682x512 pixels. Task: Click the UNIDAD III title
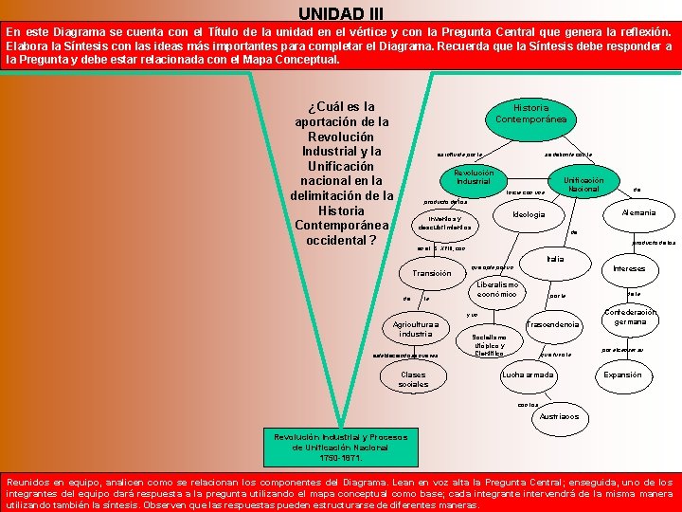(341, 13)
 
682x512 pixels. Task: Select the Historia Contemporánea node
(530, 114)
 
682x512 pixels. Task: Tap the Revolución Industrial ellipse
(473, 177)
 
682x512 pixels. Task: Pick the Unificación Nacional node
(583, 185)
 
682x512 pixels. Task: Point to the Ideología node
(529, 215)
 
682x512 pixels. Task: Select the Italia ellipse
(555, 260)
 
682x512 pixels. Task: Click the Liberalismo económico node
(496, 289)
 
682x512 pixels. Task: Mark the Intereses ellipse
(629, 268)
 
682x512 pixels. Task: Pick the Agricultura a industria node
(416, 329)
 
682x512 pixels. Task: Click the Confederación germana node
(631, 317)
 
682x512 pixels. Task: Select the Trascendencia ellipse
(552, 325)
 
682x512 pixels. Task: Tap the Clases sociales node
(413, 379)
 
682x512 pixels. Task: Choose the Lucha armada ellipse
(528, 375)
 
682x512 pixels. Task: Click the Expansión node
(622, 375)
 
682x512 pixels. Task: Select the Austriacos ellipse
(559, 417)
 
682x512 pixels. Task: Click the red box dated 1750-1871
(340, 447)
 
